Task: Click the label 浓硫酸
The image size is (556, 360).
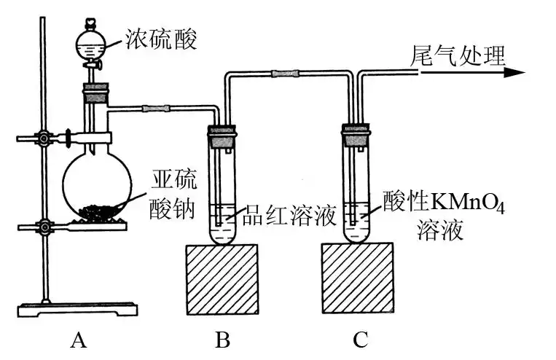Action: pyautogui.click(x=161, y=38)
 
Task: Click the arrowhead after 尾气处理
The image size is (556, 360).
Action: pyautogui.click(x=513, y=73)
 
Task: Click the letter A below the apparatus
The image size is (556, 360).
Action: pyautogui.click(x=79, y=339)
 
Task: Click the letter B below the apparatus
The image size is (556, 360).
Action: pyautogui.click(x=222, y=339)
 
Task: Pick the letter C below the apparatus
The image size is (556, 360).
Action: pyautogui.click(x=360, y=339)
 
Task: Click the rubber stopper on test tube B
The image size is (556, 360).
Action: pyautogui.click(x=223, y=133)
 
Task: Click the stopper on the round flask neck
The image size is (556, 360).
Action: pyautogui.click(x=96, y=93)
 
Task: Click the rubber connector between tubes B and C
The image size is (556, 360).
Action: pyautogui.click(x=284, y=73)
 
